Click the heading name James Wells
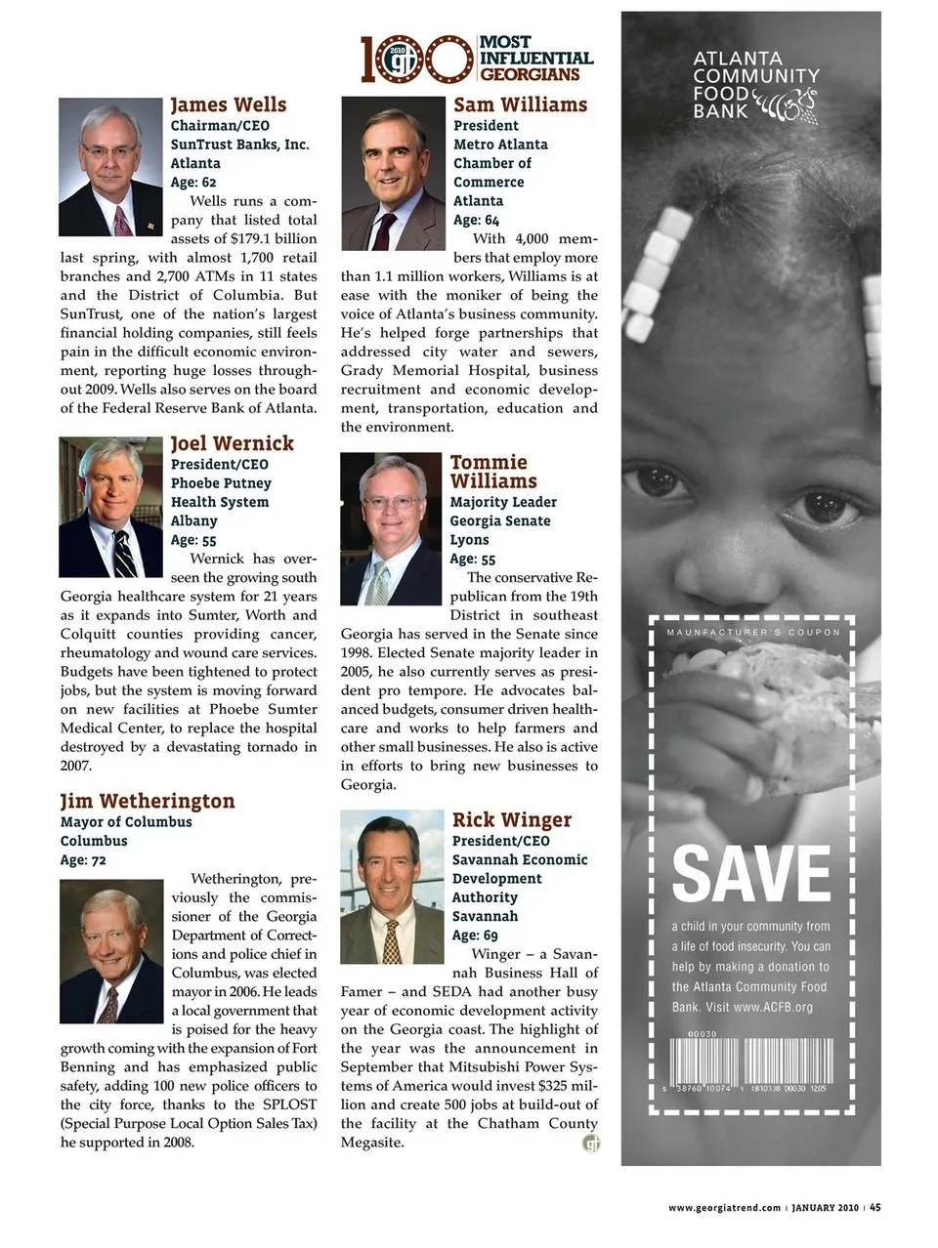tap(229, 104)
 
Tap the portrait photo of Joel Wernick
tap(110, 507)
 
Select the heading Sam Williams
tap(520, 104)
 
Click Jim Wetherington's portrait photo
tap(111, 951)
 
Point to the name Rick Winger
tap(511, 820)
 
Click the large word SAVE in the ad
tap(751, 873)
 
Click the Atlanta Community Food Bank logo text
tap(754, 85)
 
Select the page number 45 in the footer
tap(875, 1207)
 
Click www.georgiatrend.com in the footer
tap(724, 1208)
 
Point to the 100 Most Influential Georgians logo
tap(477, 59)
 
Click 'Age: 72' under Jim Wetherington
tap(83, 860)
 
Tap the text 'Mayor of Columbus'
tap(126, 822)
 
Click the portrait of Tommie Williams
tap(391, 529)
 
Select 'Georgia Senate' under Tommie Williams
tap(499, 521)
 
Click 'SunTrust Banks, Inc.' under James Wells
tap(239, 145)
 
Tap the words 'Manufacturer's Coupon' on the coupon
tap(752, 633)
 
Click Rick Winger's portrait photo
tap(392, 887)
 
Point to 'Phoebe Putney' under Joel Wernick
tap(221, 483)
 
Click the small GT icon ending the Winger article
tap(591, 1144)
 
